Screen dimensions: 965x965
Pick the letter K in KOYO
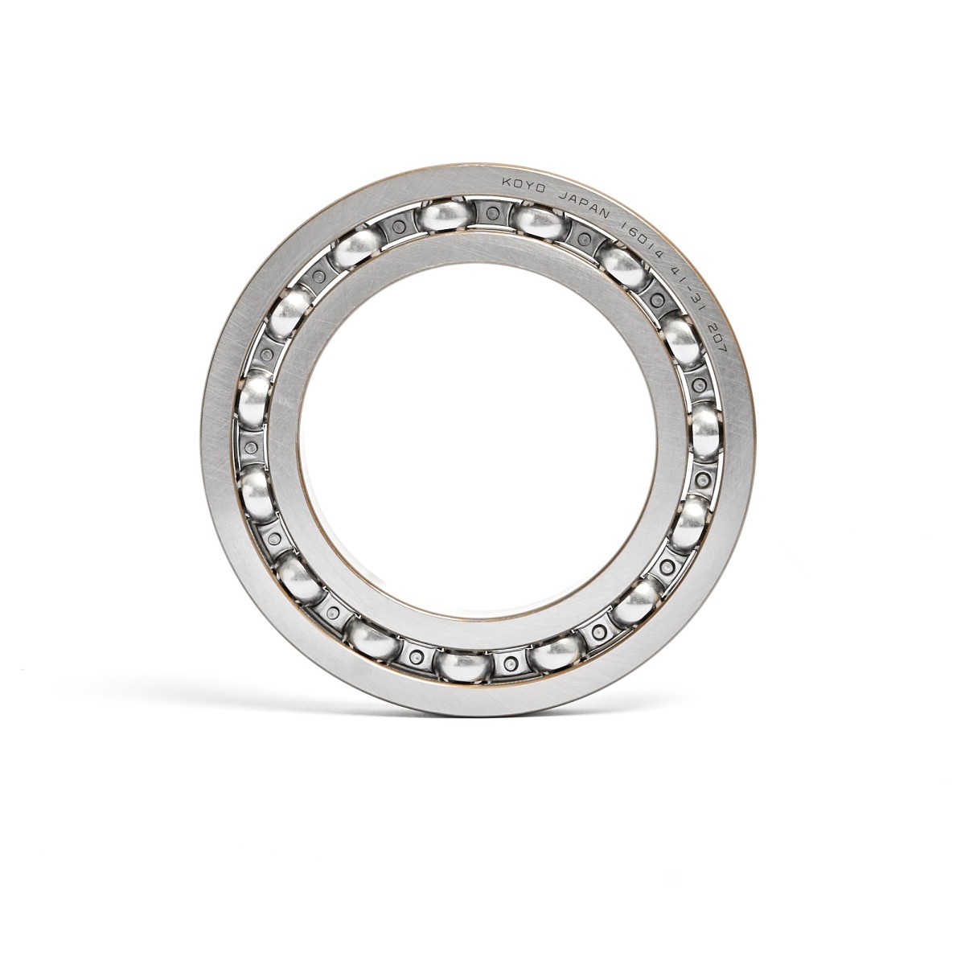tap(506, 183)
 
